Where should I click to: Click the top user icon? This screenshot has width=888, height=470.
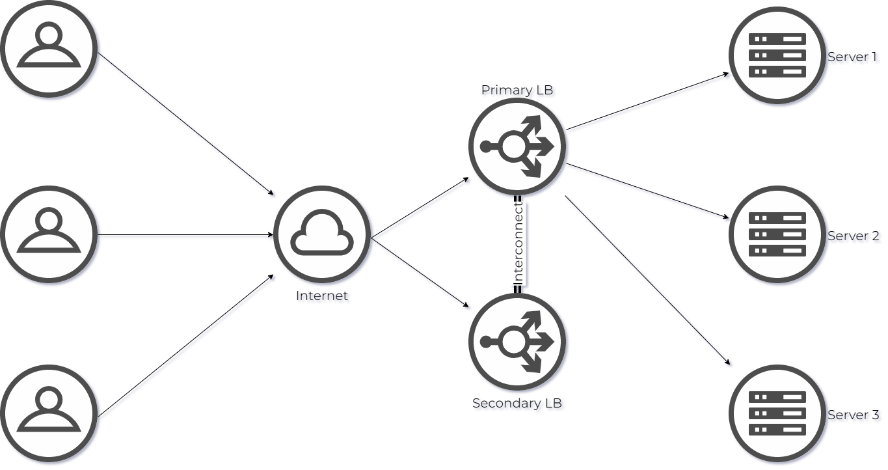(49, 49)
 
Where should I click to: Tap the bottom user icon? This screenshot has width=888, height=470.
(49, 413)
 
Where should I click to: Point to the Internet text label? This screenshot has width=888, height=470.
(323, 297)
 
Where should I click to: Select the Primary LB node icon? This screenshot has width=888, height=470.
(517, 146)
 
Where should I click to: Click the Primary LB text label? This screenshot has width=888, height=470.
(518, 91)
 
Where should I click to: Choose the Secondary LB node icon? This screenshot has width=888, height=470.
(517, 342)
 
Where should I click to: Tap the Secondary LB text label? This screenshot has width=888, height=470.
(518, 404)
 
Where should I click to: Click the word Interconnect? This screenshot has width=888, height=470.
(518, 243)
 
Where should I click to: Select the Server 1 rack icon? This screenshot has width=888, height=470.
(777, 55)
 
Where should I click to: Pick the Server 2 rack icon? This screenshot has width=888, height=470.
(777, 234)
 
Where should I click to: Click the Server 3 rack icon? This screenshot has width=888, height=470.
(777, 413)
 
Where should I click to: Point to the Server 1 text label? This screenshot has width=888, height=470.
(853, 59)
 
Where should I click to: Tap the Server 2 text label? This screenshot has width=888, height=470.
(854, 237)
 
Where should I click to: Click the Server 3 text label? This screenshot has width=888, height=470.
(854, 416)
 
